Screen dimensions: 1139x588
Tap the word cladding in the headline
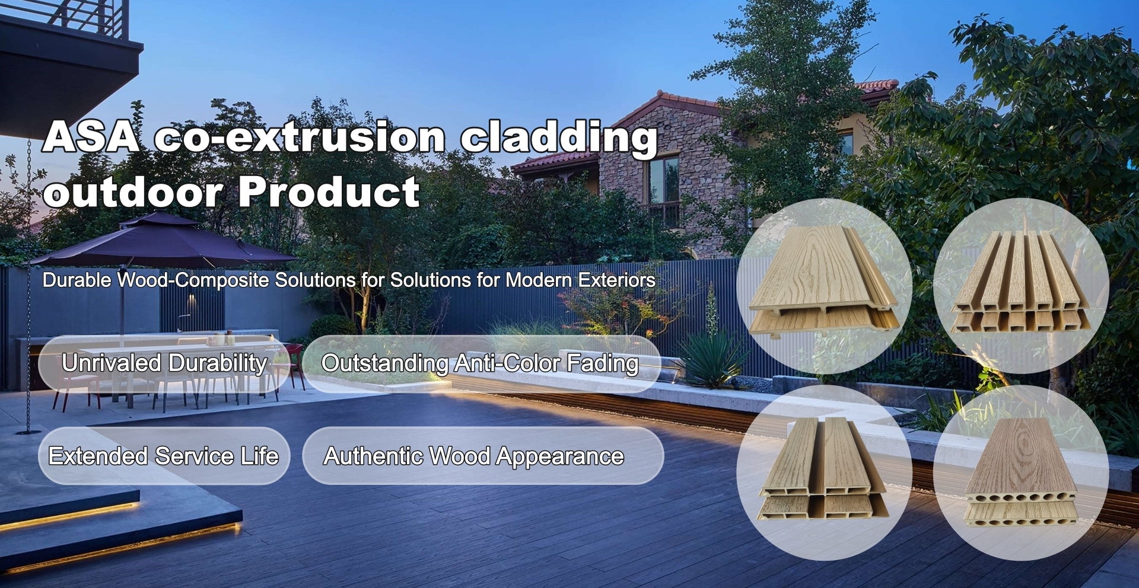[x=559, y=139]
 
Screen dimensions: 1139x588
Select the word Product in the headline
[x=329, y=191]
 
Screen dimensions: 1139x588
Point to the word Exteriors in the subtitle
[x=617, y=280]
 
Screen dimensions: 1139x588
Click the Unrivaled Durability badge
[x=164, y=363]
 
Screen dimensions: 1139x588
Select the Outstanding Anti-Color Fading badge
[x=482, y=363]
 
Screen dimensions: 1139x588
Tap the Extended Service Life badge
[x=164, y=456]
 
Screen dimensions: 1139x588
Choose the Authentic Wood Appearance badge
[x=483, y=456]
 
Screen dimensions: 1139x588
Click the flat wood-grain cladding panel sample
[x=823, y=283]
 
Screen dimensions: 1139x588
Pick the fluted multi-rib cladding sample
[x=1020, y=283]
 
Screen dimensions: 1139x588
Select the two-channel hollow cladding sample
[x=823, y=469]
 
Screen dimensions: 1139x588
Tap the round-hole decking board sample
[x=1022, y=472]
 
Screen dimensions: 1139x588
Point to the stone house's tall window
[x=664, y=179]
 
